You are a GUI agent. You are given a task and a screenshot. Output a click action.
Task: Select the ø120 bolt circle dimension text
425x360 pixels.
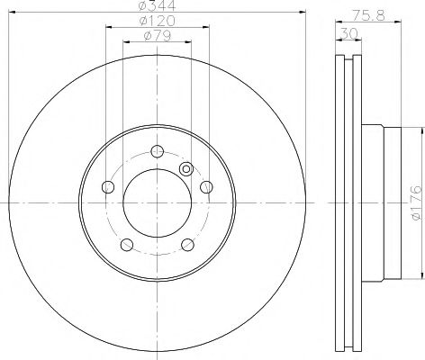point(158,21)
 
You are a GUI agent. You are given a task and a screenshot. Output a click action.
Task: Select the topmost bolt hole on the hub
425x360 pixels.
point(158,150)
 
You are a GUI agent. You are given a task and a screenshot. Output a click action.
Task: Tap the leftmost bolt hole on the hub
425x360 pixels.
point(109,187)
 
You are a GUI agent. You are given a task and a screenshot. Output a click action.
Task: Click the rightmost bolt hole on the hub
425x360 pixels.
point(206,186)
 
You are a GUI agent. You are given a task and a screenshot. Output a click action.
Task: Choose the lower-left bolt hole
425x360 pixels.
point(128,245)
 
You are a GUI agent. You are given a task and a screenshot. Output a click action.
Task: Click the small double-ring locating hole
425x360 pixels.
point(186,168)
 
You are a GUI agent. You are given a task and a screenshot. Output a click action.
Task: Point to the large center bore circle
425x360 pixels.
point(158,203)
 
